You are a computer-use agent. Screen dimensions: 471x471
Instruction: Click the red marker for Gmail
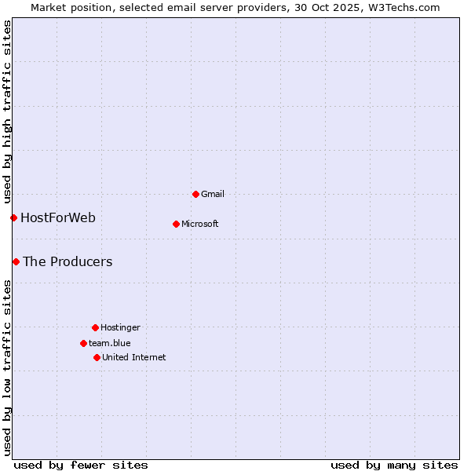tap(195, 194)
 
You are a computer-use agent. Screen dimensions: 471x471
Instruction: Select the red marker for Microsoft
tap(176, 224)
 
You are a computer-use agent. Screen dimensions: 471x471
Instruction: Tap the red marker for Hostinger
tap(95, 327)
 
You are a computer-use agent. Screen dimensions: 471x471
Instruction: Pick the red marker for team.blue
tap(83, 343)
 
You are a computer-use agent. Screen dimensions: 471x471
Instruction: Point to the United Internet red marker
tap(97, 357)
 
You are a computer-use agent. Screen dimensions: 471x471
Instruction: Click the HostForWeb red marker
tap(13, 217)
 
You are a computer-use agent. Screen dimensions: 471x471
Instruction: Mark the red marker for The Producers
tap(16, 261)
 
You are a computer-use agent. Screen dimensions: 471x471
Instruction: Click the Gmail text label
tap(213, 194)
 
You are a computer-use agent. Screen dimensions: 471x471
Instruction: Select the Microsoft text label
tap(200, 224)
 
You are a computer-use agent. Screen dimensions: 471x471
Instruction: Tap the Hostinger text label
tap(120, 327)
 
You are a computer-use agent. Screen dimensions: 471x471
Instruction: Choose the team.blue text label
tap(110, 343)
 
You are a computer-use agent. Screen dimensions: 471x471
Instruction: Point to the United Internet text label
tap(134, 357)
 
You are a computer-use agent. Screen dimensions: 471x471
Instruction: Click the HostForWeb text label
tap(58, 217)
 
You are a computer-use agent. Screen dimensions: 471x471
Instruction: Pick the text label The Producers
tap(68, 261)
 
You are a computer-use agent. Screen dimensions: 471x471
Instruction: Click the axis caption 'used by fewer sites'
tap(81, 465)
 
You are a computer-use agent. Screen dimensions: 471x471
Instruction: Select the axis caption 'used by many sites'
tap(394, 465)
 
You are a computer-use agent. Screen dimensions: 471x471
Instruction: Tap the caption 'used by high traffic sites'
tap(7, 111)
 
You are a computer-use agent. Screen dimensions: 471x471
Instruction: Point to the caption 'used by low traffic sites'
tap(7, 367)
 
